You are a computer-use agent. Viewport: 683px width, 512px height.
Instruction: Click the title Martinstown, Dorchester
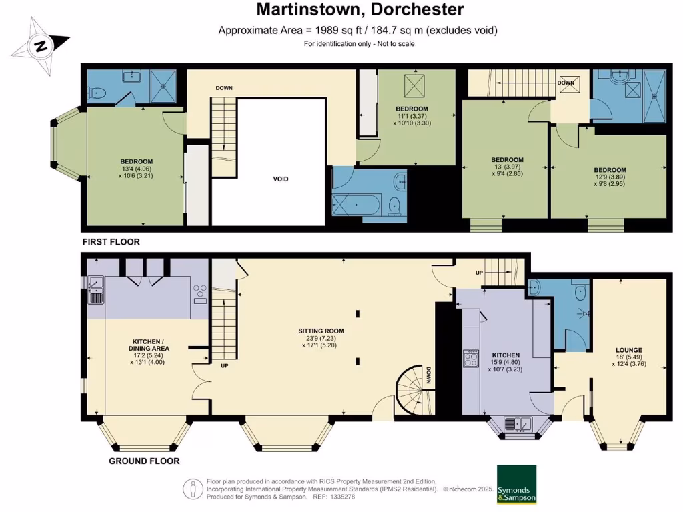[x=360, y=9]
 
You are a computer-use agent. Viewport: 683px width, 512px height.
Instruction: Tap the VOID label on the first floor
[x=281, y=179]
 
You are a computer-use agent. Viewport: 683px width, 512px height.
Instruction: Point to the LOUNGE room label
[x=628, y=349]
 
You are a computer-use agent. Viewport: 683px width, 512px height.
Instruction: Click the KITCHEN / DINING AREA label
[x=150, y=344]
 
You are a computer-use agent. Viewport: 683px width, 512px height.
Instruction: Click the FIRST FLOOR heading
[x=111, y=242]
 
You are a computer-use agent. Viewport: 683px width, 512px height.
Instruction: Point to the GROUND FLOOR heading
[x=144, y=461]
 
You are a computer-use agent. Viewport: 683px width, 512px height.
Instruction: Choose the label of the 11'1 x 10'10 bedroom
[x=412, y=109]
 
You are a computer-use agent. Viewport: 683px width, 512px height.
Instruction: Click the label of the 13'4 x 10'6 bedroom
[x=137, y=161]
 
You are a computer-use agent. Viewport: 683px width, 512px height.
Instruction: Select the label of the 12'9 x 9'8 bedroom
[x=610, y=170]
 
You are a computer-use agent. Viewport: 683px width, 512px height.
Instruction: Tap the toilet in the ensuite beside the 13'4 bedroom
[x=98, y=94]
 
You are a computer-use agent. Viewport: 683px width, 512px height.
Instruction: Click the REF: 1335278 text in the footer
[x=339, y=497]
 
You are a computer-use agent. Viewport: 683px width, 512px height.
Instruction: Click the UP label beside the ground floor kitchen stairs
[x=479, y=273]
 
